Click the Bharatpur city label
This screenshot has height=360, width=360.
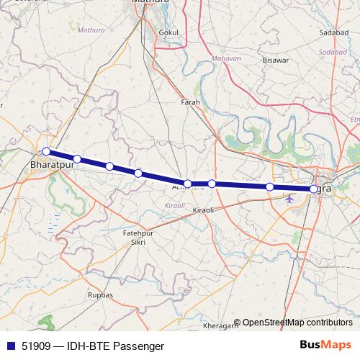(53, 164)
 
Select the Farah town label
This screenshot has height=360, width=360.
(190, 102)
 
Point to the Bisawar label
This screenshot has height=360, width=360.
(276, 60)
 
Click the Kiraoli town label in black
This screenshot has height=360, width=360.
(204, 210)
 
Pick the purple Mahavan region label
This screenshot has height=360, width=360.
(226, 58)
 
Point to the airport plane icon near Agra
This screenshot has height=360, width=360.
(289, 199)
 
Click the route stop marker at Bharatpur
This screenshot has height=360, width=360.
(46, 151)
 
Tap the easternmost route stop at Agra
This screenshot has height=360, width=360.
(313, 189)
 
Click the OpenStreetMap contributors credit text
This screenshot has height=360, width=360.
(297, 323)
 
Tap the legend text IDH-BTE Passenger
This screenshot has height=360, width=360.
(115, 346)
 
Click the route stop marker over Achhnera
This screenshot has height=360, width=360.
(187, 184)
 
